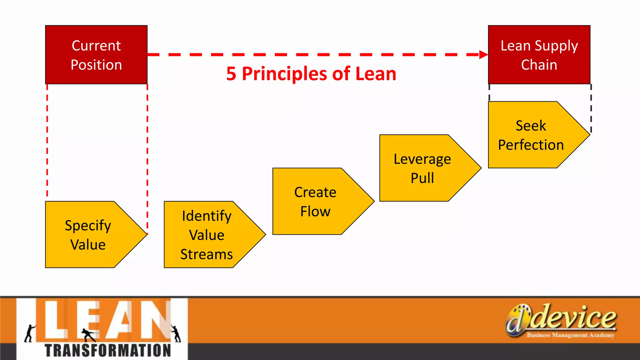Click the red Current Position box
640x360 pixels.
[96, 55]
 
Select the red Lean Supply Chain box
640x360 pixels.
[539, 55]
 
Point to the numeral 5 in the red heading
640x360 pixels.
[231, 74]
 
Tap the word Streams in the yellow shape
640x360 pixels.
[207, 254]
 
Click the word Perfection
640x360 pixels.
[531, 145]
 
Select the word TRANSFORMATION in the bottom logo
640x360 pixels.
[108, 350]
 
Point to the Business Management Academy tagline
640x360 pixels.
[570, 335]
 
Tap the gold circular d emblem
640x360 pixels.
[517, 320]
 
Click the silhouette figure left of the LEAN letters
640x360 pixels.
[30, 333]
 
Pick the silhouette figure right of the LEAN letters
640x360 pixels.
[176, 333]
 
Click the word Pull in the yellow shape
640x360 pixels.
[422, 178]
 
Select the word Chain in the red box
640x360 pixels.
[539, 65]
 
